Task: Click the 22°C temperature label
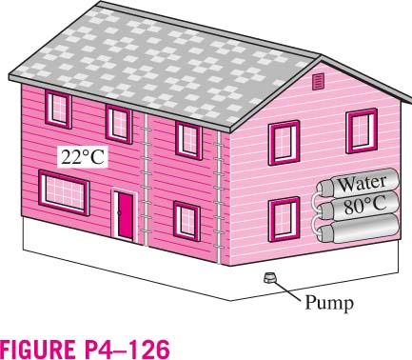(x=83, y=157)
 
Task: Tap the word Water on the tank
(x=362, y=184)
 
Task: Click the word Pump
(x=329, y=303)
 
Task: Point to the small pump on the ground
(x=269, y=277)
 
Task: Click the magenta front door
(x=126, y=215)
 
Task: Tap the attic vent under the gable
(x=318, y=82)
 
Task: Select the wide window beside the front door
(x=64, y=192)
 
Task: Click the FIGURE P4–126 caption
(x=85, y=349)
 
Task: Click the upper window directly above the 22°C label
(x=58, y=109)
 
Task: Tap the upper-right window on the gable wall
(x=362, y=130)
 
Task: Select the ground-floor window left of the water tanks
(x=284, y=219)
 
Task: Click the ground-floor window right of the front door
(x=186, y=221)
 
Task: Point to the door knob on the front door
(x=120, y=213)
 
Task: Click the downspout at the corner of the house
(x=218, y=197)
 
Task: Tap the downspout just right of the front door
(x=146, y=180)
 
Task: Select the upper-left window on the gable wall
(x=284, y=143)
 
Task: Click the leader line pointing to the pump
(x=286, y=290)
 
